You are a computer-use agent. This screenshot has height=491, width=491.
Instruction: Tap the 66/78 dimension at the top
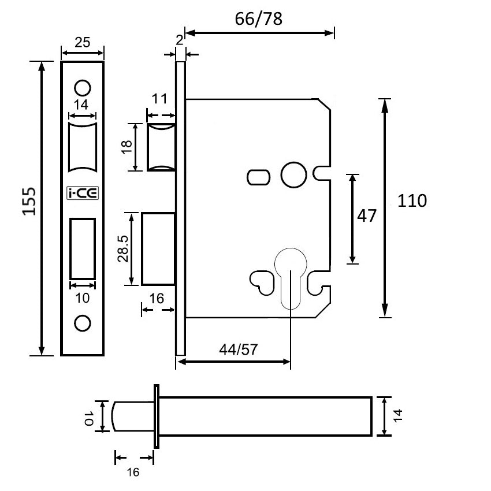[258, 19]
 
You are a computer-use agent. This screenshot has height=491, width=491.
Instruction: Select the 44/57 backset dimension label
[238, 349]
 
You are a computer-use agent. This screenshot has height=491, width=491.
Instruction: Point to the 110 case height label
[412, 201]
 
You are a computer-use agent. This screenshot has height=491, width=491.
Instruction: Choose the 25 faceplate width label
[83, 42]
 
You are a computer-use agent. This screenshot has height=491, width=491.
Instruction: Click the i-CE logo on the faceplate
[83, 194]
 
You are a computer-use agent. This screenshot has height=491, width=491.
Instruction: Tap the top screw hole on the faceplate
[83, 87]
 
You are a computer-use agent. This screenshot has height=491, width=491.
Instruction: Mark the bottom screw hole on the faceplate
[83, 323]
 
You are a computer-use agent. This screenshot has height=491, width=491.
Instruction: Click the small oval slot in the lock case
[258, 176]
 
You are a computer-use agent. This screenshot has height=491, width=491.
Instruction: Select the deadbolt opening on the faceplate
[83, 248]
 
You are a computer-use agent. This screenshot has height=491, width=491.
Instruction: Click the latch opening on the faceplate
[83, 147]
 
